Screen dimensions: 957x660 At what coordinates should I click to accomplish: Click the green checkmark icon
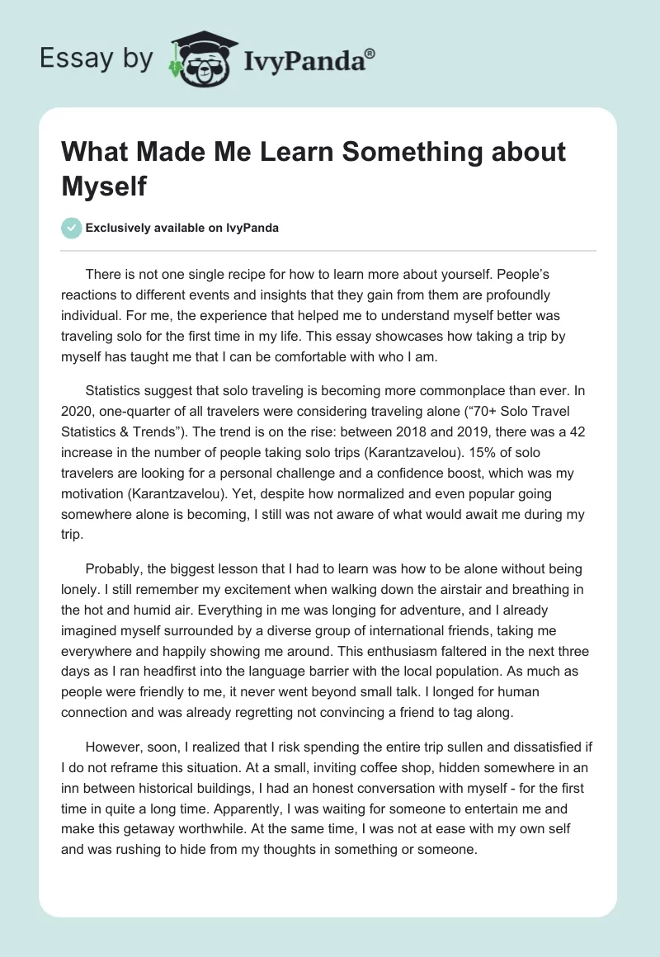[x=73, y=228]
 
